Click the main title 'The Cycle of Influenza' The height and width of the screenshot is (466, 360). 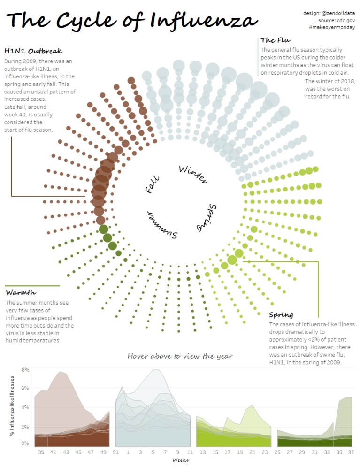(x=132, y=21)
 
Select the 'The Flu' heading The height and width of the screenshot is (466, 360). (x=276, y=40)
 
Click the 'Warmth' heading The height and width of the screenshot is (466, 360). (x=21, y=293)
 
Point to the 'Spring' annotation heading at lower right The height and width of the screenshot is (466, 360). (x=281, y=314)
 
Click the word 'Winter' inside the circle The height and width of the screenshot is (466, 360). (x=192, y=174)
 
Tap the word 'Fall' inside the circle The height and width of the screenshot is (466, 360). (x=152, y=184)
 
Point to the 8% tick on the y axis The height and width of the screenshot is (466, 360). (x=26, y=369)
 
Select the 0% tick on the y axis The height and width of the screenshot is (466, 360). (x=26, y=443)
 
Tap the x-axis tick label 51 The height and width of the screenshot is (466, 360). (x=115, y=452)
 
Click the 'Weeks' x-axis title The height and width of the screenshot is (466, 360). (x=180, y=461)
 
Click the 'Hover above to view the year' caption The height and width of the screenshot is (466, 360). (x=180, y=356)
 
